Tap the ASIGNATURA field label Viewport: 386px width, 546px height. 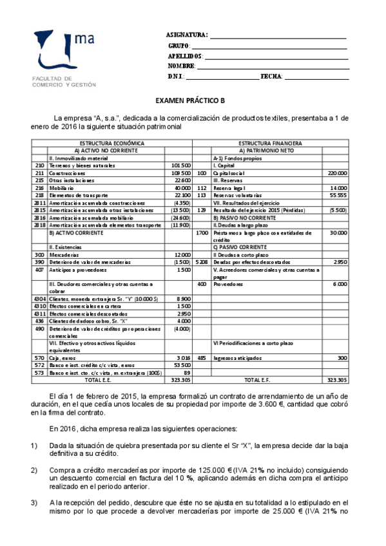click(186, 35)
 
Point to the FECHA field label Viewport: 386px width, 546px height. click(271, 77)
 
